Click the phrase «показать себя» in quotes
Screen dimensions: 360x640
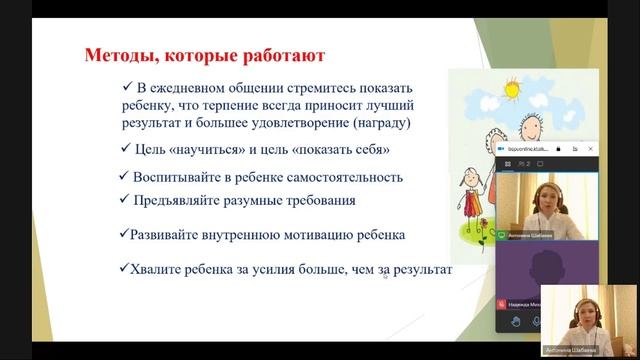pos(346,149)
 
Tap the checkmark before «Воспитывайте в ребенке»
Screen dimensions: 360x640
pos(124,176)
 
